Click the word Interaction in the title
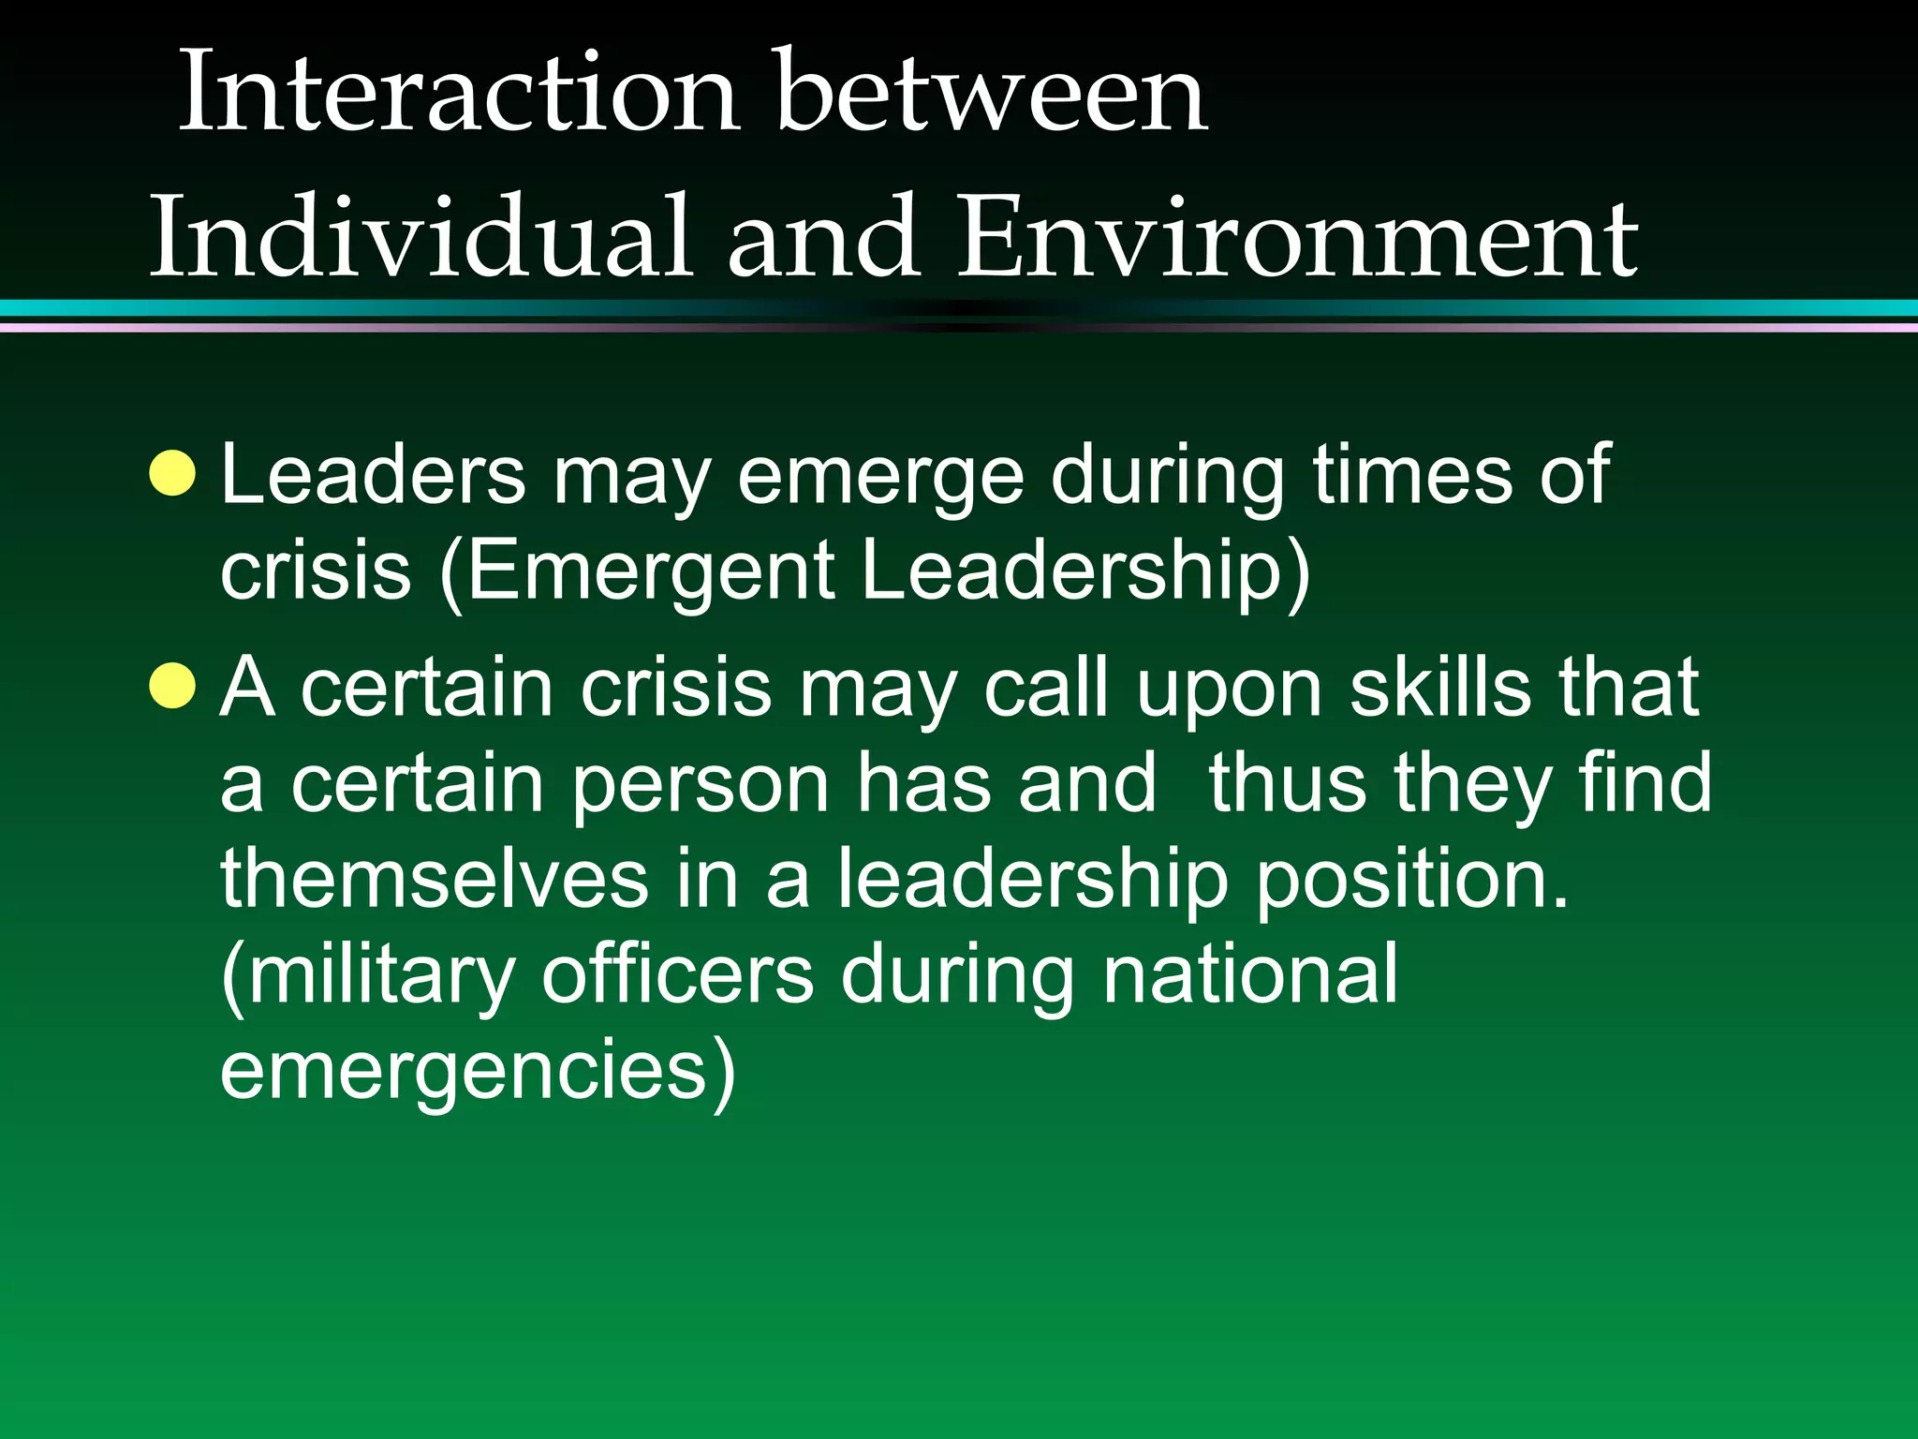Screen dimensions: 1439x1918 458,94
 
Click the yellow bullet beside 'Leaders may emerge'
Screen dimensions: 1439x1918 173,473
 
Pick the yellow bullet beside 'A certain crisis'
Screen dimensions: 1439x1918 173,686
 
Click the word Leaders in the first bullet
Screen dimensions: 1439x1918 374,475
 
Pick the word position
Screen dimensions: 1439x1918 1411,881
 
